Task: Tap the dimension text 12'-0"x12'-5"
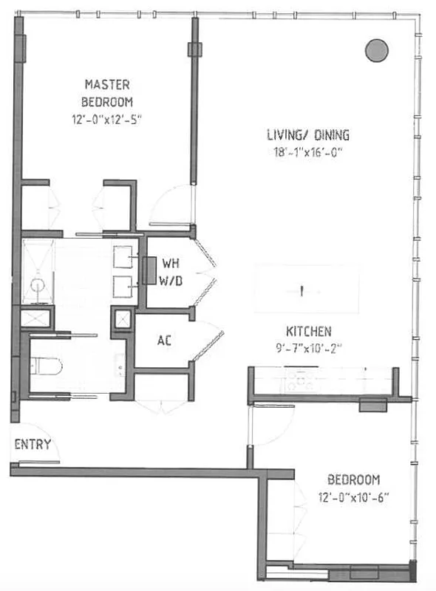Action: (108, 118)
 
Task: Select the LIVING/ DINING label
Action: (307, 135)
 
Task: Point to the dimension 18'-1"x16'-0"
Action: (307, 153)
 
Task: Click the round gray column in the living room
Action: (377, 49)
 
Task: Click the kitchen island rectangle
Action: (307, 290)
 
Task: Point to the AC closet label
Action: (165, 341)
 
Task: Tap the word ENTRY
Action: (33, 444)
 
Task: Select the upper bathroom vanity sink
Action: (123, 256)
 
